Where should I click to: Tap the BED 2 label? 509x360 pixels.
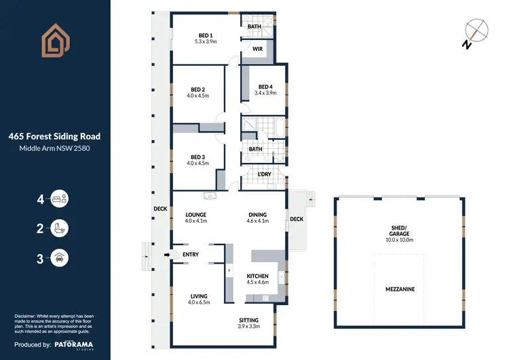pos(197,89)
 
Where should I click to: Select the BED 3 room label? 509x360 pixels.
pos(197,156)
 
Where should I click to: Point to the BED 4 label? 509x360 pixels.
pos(265,86)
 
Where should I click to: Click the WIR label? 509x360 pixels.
pos(257,49)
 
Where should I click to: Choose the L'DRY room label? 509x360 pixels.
pos(265,175)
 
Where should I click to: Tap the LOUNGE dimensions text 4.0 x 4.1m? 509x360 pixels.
pos(195,221)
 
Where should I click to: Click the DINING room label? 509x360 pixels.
pos(258,215)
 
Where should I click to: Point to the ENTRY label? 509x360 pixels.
pos(191,255)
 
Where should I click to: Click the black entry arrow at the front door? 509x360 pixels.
pos(168,255)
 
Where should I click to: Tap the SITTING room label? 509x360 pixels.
pos(248,320)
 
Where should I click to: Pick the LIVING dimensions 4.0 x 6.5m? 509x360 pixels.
pos(198,303)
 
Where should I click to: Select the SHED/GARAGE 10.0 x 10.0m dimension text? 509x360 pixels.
pos(399,240)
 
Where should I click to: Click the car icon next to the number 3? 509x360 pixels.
pos(60,257)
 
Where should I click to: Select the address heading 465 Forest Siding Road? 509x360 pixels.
pos(54,136)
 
